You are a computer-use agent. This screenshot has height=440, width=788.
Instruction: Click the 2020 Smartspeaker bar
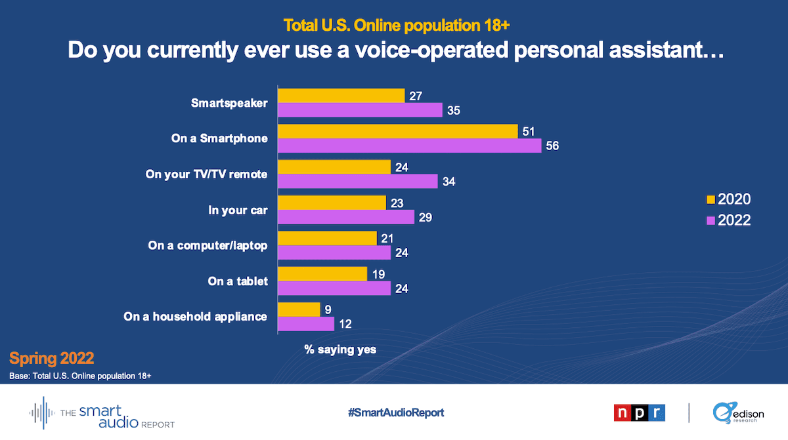341,96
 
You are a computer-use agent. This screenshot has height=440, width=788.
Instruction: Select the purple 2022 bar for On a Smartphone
409,146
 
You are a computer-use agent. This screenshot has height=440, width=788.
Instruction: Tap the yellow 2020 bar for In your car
332,202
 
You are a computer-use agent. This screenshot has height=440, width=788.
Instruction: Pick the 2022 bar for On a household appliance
306,324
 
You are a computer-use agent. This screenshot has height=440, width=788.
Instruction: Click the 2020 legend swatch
710,199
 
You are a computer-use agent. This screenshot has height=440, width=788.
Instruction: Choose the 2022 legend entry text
734,220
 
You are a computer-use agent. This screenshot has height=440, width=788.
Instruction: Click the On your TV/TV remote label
206,174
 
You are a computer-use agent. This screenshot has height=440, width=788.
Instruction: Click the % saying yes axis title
340,350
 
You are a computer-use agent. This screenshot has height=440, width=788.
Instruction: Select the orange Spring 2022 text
52,359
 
